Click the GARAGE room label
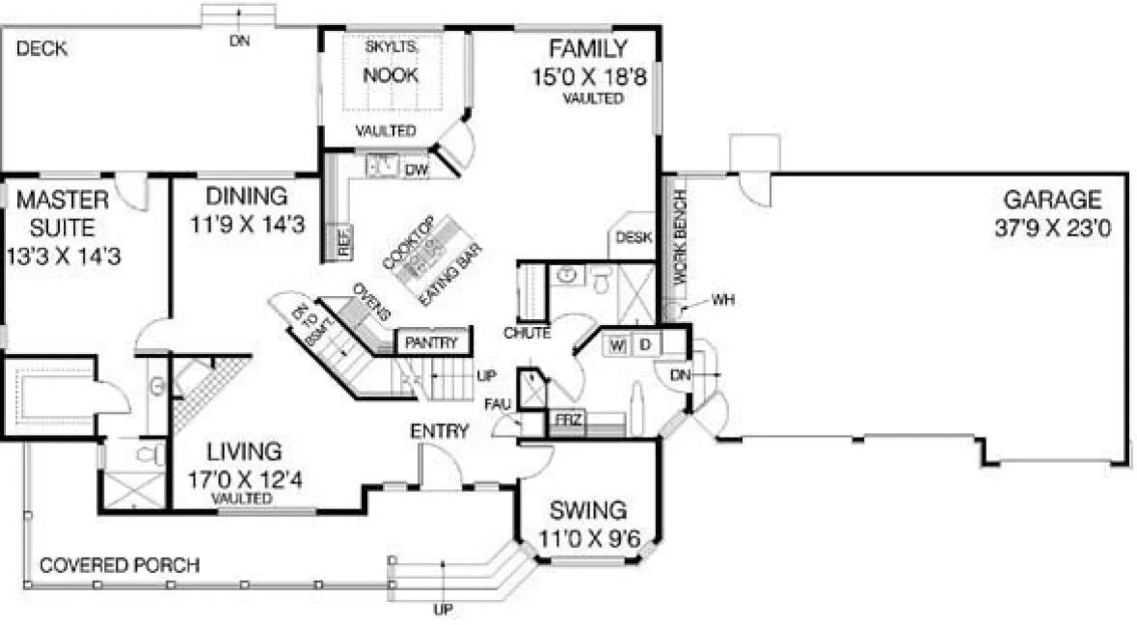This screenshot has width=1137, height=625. tap(1052, 200)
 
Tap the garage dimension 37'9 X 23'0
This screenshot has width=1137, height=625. tap(1052, 232)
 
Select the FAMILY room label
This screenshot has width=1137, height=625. tap(587, 48)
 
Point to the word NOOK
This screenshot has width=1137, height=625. tap(391, 75)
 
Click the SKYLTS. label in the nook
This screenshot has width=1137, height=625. tap(390, 46)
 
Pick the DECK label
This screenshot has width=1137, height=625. tap(41, 49)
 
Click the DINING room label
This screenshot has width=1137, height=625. tap(246, 196)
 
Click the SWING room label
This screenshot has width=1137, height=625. tap(588, 510)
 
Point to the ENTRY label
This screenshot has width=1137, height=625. tap(440, 431)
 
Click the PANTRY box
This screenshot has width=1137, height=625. tap(432, 342)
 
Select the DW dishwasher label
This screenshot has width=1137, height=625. tap(417, 169)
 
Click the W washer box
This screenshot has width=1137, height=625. tap(617, 344)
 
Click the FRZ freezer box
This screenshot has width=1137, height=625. tap(563, 421)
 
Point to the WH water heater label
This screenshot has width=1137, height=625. tap(724, 300)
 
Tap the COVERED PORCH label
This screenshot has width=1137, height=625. tap(120, 564)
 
